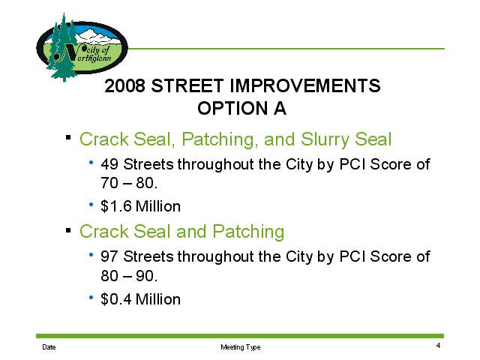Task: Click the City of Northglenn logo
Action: (x=82, y=47)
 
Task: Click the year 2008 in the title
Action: (x=124, y=85)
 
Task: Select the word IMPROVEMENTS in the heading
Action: (x=304, y=85)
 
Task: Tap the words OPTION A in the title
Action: (x=241, y=108)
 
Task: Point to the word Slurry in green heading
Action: (x=325, y=140)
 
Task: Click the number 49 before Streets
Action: (x=109, y=164)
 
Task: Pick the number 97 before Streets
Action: (x=109, y=256)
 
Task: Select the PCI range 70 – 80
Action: (x=129, y=183)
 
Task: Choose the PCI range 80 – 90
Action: (x=129, y=276)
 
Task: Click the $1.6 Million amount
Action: (x=140, y=206)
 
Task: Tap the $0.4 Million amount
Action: (x=140, y=299)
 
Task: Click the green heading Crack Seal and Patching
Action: (x=181, y=232)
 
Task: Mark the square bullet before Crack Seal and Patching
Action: (x=68, y=229)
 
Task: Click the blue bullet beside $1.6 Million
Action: (x=91, y=204)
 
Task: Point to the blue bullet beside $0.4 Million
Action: (x=91, y=297)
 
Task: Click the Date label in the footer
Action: (x=49, y=347)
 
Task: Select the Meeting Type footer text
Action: (x=241, y=347)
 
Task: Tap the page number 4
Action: (x=438, y=346)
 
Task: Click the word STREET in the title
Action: (x=187, y=85)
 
